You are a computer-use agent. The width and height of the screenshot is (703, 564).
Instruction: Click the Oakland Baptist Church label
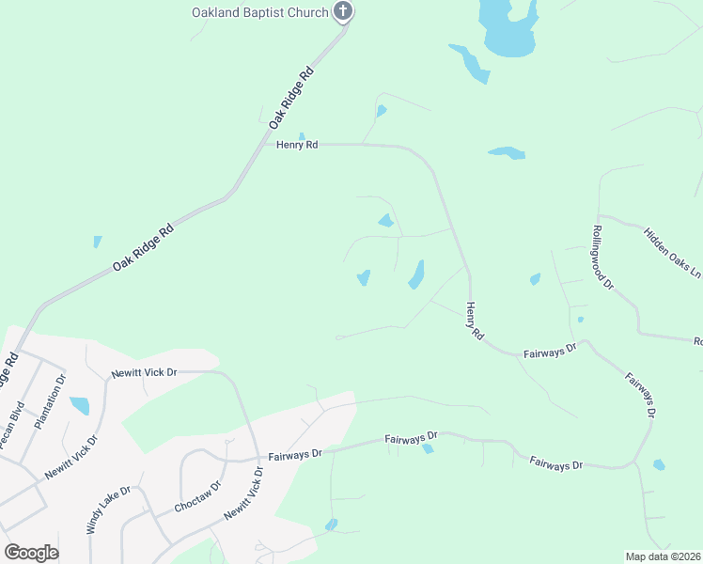pyautogui.click(x=259, y=12)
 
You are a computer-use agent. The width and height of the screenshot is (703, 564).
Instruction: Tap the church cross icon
pyautogui.click(x=344, y=12)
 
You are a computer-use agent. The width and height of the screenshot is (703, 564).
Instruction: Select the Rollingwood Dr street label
pyautogui.click(x=602, y=257)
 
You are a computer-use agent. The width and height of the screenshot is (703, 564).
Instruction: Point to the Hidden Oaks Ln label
pyautogui.click(x=672, y=252)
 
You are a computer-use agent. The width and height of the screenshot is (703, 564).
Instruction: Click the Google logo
pyautogui.click(x=31, y=553)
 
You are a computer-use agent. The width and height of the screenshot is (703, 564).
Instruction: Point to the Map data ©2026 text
pyautogui.click(x=663, y=556)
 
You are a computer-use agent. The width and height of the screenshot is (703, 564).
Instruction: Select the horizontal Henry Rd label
pyautogui.click(x=297, y=145)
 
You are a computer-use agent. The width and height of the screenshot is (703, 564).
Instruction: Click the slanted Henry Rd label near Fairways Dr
pyautogui.click(x=474, y=321)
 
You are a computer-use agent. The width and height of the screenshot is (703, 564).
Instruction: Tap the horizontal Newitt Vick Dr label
pyautogui.click(x=144, y=373)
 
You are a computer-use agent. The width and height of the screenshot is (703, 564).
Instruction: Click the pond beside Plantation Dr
pyautogui.click(x=80, y=406)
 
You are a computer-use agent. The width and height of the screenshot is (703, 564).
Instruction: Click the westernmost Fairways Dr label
pyautogui.click(x=294, y=453)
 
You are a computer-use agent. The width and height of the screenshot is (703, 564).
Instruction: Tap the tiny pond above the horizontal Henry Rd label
pyautogui.click(x=302, y=135)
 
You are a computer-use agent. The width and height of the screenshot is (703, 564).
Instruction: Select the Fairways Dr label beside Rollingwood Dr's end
pyautogui.click(x=547, y=352)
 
